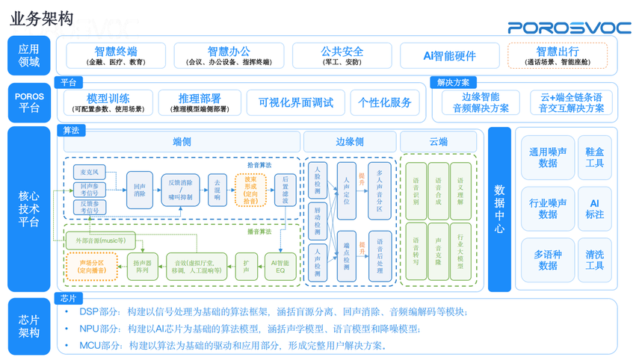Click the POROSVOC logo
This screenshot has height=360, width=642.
click(570, 27)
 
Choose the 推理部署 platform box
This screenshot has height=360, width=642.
click(200, 102)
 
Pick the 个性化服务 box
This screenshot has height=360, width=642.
click(385, 102)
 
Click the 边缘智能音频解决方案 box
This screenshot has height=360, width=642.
click(481, 102)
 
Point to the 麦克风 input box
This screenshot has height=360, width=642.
click(89, 173)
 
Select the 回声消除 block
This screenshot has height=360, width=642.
click(140, 189)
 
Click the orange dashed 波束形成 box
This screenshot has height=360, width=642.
click(250, 190)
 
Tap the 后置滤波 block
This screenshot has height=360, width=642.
click(285, 190)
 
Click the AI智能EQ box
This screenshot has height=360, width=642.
click(281, 267)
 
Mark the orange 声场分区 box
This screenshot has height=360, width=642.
click(92, 267)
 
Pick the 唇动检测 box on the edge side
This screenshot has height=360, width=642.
click(318, 221)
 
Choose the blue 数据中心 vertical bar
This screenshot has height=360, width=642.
click(499, 209)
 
